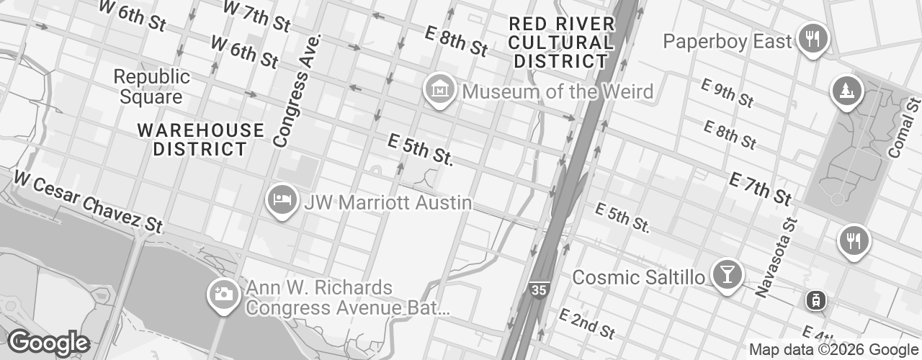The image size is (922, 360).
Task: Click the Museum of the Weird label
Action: click(x=558, y=92)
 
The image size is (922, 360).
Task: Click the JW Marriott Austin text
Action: click(x=388, y=202)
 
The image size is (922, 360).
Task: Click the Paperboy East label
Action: click(x=728, y=41)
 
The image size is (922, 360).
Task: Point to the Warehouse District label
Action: click(x=201, y=140)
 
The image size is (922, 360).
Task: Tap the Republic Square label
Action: click(x=152, y=86)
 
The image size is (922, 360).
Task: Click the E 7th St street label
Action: click(x=761, y=189)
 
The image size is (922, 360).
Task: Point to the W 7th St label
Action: click(x=257, y=16)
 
